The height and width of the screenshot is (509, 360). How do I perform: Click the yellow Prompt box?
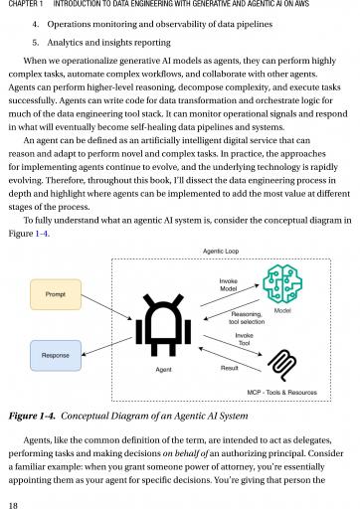point(56,294)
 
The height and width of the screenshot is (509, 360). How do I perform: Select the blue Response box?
point(56,355)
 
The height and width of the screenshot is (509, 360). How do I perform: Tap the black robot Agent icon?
point(163,325)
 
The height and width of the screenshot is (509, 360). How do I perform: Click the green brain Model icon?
point(282,283)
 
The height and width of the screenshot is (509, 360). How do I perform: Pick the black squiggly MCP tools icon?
point(281,366)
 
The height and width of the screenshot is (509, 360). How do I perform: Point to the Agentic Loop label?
point(221,252)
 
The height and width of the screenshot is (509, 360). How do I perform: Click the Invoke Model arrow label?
point(229,285)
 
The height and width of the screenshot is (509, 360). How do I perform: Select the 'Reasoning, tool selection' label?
point(247,318)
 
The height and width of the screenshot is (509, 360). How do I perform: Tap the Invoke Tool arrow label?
point(244,339)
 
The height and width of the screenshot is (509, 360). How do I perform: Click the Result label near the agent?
point(230,368)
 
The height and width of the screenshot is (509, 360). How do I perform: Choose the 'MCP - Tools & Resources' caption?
point(282,393)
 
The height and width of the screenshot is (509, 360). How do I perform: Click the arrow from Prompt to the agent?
point(106,307)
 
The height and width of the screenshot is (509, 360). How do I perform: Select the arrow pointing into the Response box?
point(106,346)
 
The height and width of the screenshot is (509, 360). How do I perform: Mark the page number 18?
point(13,505)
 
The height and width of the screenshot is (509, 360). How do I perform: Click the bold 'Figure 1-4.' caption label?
point(32,416)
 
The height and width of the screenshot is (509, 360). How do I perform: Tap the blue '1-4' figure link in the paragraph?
point(42,234)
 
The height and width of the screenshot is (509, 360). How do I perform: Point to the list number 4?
point(36,24)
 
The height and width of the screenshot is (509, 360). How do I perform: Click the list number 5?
point(36,43)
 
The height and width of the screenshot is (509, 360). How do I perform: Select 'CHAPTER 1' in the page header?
point(23,4)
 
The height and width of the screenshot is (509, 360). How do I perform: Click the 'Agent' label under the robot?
point(163,370)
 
